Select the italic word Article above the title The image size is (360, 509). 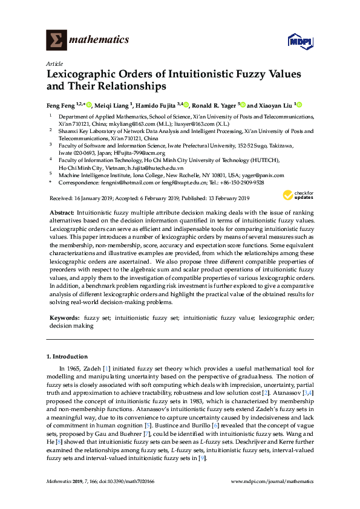(53, 63)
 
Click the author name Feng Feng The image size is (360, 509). (61, 104)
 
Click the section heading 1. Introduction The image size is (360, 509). (67, 357)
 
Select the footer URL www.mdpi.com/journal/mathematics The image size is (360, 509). (273, 482)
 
